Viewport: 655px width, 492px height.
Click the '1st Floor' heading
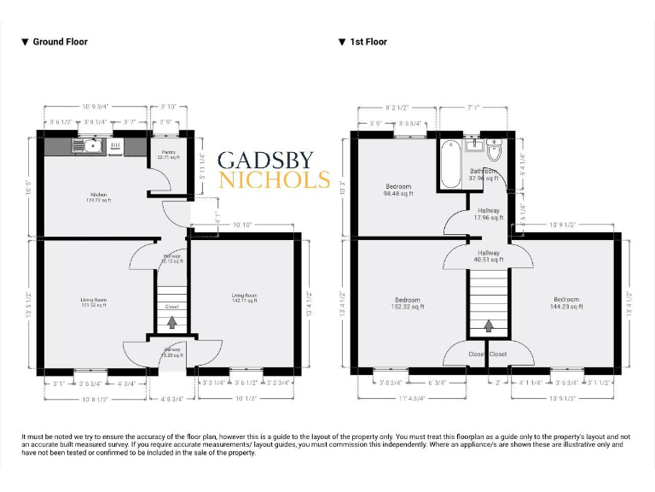click(x=368, y=41)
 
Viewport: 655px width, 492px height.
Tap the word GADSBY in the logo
click(x=265, y=161)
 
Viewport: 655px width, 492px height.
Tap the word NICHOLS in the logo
click(x=274, y=180)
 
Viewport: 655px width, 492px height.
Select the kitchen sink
click(x=91, y=147)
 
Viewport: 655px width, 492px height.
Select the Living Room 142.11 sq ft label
click(x=244, y=298)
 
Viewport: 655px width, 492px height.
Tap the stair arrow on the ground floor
click(x=172, y=323)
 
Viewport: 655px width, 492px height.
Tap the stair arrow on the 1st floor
click(x=489, y=325)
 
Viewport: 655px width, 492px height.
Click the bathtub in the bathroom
click(x=449, y=163)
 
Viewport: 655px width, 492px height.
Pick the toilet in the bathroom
click(x=493, y=152)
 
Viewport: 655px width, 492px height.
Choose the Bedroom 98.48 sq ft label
click(x=398, y=190)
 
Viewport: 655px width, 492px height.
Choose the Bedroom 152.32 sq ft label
click(x=409, y=302)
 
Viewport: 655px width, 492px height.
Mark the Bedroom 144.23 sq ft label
click(x=566, y=302)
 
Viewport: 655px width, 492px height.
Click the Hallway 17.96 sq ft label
click(x=489, y=214)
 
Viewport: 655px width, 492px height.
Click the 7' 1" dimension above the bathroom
click(x=475, y=108)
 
